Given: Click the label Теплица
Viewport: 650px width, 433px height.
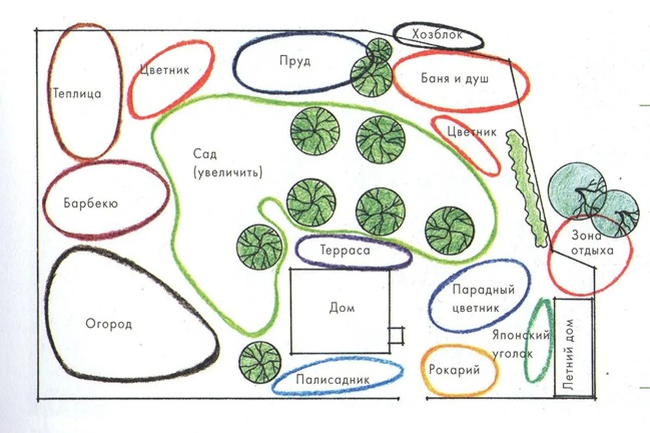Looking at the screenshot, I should tap(77, 94).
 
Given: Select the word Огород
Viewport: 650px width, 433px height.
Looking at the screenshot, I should tap(109, 324).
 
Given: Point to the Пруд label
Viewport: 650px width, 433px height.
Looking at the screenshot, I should tap(295, 61).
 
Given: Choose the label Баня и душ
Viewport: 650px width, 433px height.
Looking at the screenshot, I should tap(455, 79).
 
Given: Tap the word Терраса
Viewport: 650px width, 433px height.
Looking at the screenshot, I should tap(345, 251).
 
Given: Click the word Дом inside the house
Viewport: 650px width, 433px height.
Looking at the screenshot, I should tap(342, 308).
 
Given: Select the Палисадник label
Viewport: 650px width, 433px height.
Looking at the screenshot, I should tap(333, 379).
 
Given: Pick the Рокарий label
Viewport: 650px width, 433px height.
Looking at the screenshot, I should tap(454, 371).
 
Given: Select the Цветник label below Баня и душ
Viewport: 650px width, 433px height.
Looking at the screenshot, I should tap(472, 132).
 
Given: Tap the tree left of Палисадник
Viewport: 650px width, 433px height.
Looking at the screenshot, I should tap(259, 361).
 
